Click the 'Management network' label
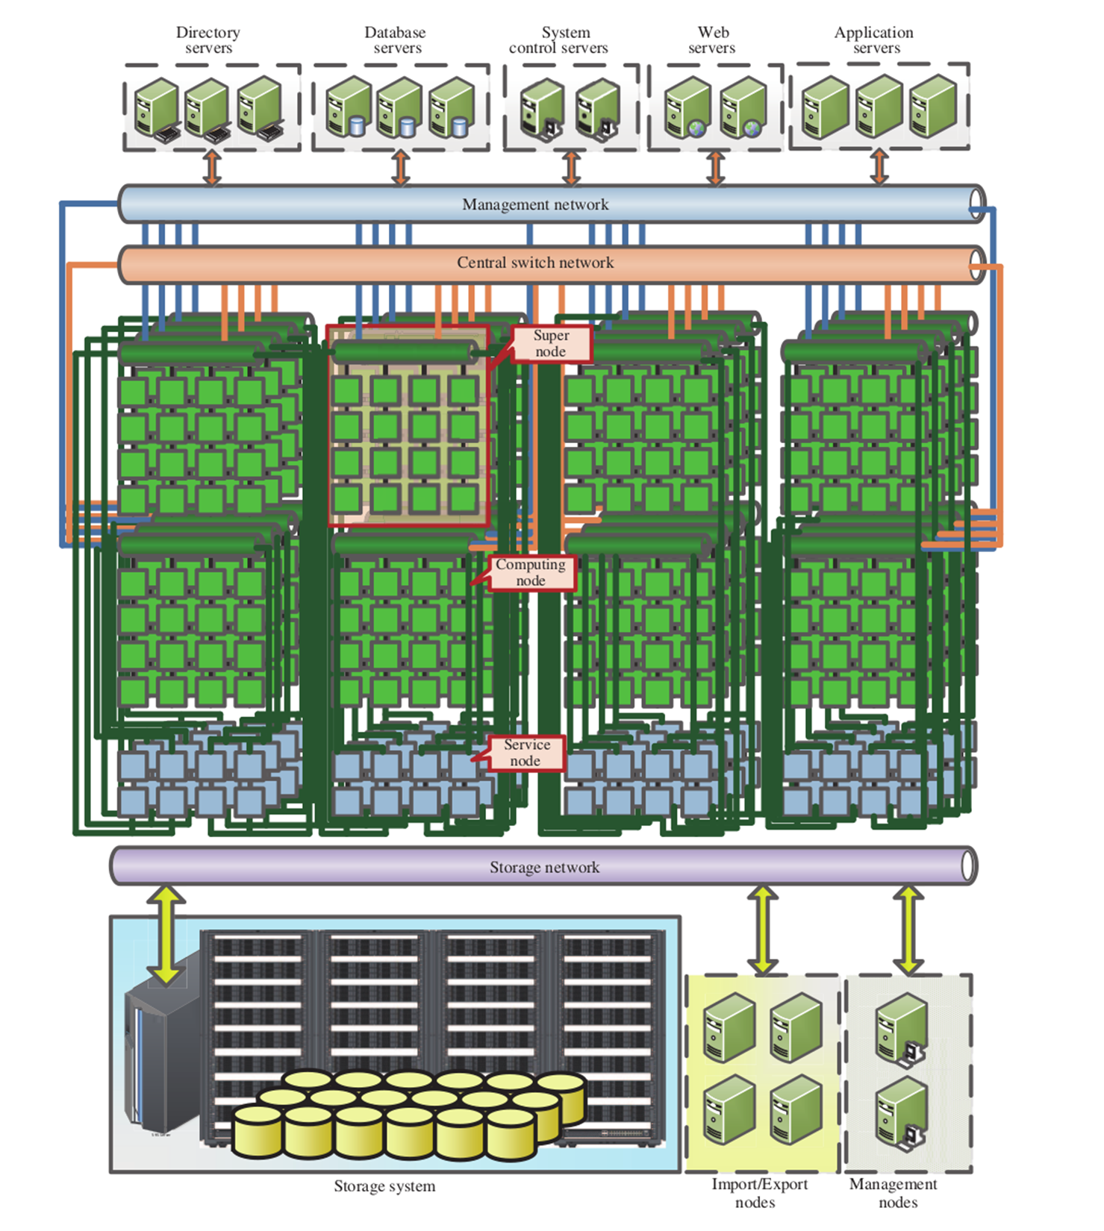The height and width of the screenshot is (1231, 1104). tap(535, 204)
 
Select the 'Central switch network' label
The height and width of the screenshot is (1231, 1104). tap(535, 263)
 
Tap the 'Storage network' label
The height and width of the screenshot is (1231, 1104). tap(544, 867)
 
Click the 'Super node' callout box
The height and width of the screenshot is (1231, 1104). tap(551, 344)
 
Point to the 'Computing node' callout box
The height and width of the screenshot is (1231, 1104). tap(531, 573)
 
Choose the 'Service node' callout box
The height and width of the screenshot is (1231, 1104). tap(526, 753)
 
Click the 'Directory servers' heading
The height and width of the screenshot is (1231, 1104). tap(208, 40)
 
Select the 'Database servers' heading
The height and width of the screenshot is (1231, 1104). tap(396, 40)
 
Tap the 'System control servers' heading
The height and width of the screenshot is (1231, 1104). tap(559, 40)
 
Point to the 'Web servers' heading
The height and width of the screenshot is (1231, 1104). tap(712, 40)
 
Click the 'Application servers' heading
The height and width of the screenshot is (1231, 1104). tap(874, 40)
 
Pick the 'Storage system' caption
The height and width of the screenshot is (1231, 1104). tap(384, 1186)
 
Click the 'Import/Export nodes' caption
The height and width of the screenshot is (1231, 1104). tap(758, 1193)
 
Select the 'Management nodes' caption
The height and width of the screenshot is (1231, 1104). tap(894, 1193)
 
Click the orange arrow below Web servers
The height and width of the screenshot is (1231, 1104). tap(715, 169)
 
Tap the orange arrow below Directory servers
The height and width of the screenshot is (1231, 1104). tap(213, 169)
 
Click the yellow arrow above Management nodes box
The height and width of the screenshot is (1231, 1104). tap(908, 929)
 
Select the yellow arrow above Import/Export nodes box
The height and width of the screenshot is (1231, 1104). tap(762, 929)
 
